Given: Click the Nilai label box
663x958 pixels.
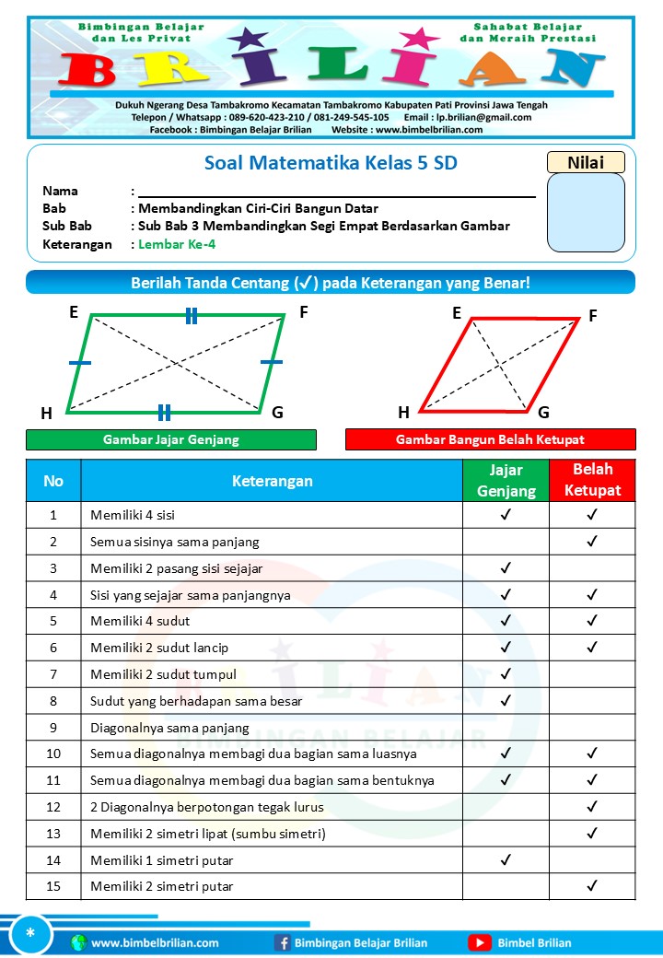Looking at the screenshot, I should [x=586, y=162].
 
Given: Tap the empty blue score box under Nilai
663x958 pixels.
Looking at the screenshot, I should [x=586, y=213].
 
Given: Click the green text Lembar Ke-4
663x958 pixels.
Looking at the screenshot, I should [x=177, y=244].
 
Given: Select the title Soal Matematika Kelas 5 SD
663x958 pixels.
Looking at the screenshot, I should [x=330, y=163].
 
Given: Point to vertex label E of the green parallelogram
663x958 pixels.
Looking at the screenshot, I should [x=74, y=312].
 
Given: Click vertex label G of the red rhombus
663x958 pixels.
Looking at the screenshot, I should [x=543, y=412].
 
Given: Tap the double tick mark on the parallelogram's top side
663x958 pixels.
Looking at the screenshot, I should [x=191, y=317].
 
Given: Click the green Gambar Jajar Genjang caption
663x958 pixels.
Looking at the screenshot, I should [x=171, y=439].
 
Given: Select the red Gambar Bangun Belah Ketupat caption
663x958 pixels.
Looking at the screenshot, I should [x=490, y=439].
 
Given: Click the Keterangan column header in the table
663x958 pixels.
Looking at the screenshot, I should [x=272, y=481].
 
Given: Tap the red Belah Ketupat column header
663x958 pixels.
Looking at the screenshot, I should [x=592, y=480].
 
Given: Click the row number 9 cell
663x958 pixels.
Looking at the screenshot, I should [x=53, y=727].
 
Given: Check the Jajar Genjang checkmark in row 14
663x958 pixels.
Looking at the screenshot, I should [x=506, y=860].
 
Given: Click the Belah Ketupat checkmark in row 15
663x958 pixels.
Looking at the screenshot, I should [x=592, y=886].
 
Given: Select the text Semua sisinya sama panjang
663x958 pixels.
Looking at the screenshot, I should [x=174, y=542].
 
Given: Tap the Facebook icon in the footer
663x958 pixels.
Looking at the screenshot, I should [x=283, y=942].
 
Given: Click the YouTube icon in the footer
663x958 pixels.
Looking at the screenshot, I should [x=479, y=942].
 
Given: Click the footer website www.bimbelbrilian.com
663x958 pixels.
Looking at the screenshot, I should [x=155, y=942].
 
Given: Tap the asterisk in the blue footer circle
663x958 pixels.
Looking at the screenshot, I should [x=30, y=934].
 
